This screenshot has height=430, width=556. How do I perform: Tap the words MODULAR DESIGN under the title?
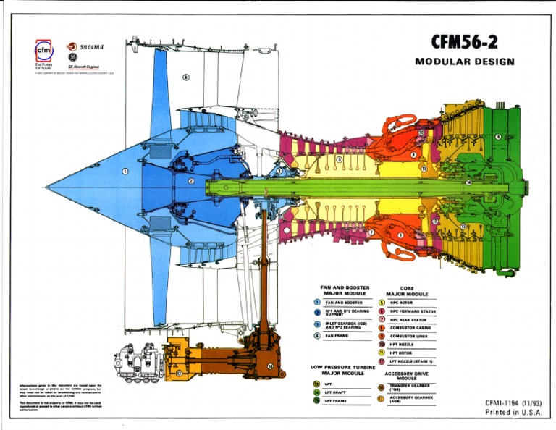(465, 62)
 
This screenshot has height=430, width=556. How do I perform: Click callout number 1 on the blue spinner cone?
(125, 172)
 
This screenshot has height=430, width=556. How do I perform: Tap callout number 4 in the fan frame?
(186, 77)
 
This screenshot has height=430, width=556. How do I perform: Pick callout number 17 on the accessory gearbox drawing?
(179, 374)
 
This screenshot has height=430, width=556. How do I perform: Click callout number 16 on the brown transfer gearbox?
(270, 367)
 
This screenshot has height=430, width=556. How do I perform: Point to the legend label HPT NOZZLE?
(402, 344)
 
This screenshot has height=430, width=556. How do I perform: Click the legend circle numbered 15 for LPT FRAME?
(316, 400)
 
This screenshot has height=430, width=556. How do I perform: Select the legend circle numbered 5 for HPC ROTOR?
(382, 303)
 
